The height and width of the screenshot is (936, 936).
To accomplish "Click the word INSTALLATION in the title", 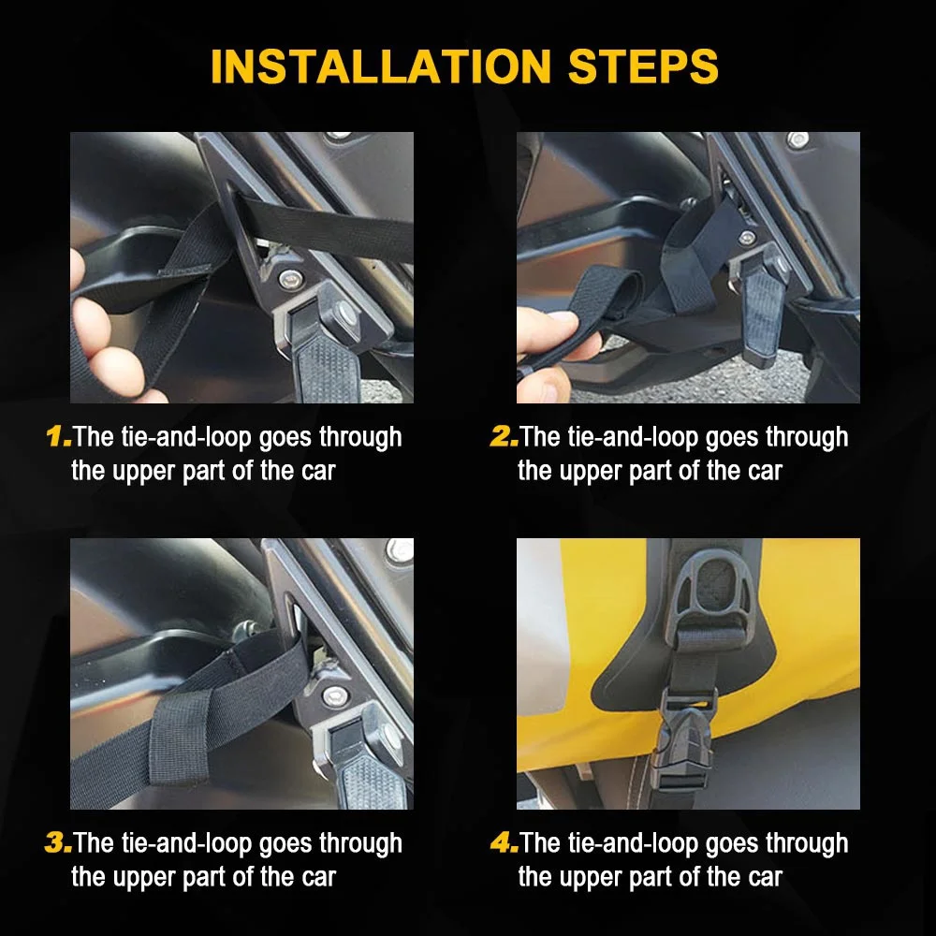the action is tap(381, 66).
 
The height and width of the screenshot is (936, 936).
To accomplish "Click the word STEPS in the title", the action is tap(643, 66).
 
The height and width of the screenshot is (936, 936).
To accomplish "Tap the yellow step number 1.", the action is tap(58, 436).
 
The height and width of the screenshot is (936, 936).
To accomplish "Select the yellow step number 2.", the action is tap(504, 436).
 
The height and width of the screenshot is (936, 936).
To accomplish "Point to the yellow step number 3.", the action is tap(58, 843).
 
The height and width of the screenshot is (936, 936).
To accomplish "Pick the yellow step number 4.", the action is tap(504, 843).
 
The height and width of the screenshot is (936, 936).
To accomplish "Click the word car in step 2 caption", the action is tap(765, 472).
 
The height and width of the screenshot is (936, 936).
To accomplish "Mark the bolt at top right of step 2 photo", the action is tap(797, 140).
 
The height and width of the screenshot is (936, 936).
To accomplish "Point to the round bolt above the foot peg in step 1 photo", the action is tap(289, 278).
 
